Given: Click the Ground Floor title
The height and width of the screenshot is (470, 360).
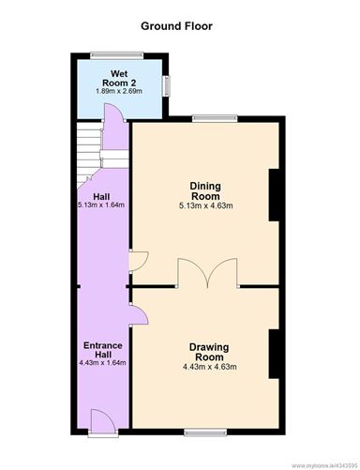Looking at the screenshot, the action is coord(176,26).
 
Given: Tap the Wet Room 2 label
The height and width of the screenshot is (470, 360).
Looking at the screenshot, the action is coord(119,79).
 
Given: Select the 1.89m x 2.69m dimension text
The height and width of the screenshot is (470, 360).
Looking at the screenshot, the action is coord(119,91).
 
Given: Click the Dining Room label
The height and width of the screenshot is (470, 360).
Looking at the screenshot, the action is coord(205,191).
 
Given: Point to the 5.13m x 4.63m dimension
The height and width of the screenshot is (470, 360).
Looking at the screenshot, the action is coord(205,205).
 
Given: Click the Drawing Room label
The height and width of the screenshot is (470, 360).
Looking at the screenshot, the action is coord(209,352).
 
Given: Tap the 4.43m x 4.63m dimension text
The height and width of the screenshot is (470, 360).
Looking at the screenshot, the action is coord(209,367).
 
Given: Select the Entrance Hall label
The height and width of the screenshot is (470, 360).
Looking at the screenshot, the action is coord(103,350).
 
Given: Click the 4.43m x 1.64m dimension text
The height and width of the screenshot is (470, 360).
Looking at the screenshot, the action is coord(102,363).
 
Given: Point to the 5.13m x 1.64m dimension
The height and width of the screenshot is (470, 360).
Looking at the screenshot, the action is coord(101,205).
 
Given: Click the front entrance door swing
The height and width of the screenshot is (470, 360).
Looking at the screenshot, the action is coord(103,420).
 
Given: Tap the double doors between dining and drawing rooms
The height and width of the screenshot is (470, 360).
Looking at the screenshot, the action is coord(207,273).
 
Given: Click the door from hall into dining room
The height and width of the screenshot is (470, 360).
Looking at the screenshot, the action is coord(139,261).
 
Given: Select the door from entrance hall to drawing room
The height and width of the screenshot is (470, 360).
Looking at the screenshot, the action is coord(139,314).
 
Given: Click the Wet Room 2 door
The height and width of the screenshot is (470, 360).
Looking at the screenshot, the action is coord(114,112).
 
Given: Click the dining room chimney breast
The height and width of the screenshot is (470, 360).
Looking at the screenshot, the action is coord(274,195).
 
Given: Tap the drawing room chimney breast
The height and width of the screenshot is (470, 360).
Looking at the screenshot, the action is coord(274,354).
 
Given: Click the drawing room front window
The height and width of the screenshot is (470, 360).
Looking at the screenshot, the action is coord(205,432).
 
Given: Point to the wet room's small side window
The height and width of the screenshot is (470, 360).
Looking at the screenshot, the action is coord(168,86).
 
